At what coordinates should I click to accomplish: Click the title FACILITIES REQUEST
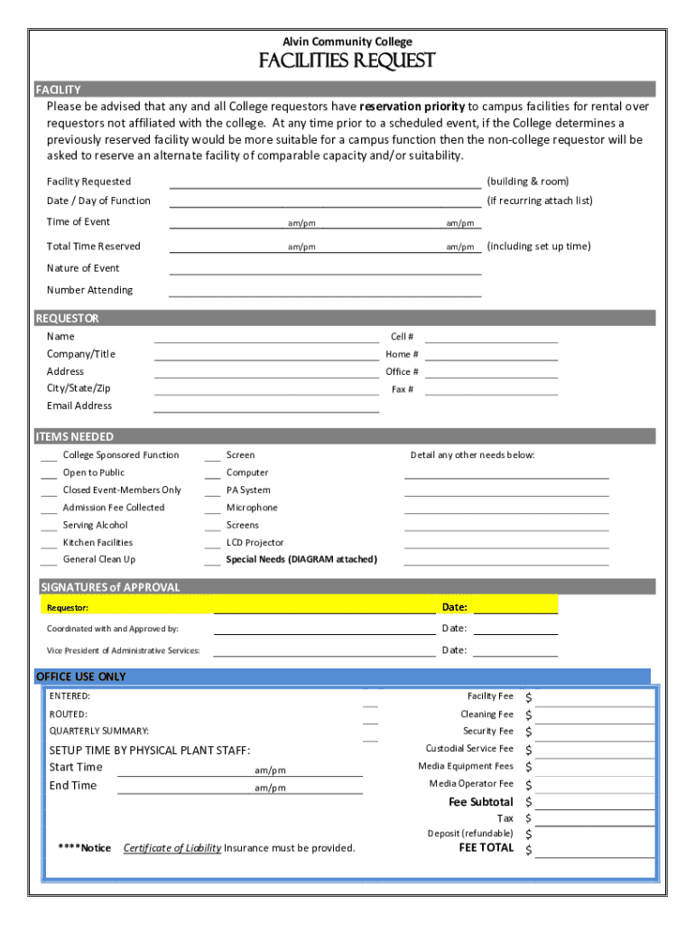click(347, 61)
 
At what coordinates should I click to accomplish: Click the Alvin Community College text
click(347, 42)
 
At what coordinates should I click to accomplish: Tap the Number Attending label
click(89, 290)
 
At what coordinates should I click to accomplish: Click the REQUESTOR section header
click(68, 318)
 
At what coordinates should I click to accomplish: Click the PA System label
click(248, 491)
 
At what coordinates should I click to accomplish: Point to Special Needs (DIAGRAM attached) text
click(301, 560)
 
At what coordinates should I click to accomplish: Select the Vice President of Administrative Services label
click(124, 650)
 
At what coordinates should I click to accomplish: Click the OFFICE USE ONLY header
click(80, 677)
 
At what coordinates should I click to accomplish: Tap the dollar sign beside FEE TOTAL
click(529, 849)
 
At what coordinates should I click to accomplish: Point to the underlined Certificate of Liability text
click(172, 848)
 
